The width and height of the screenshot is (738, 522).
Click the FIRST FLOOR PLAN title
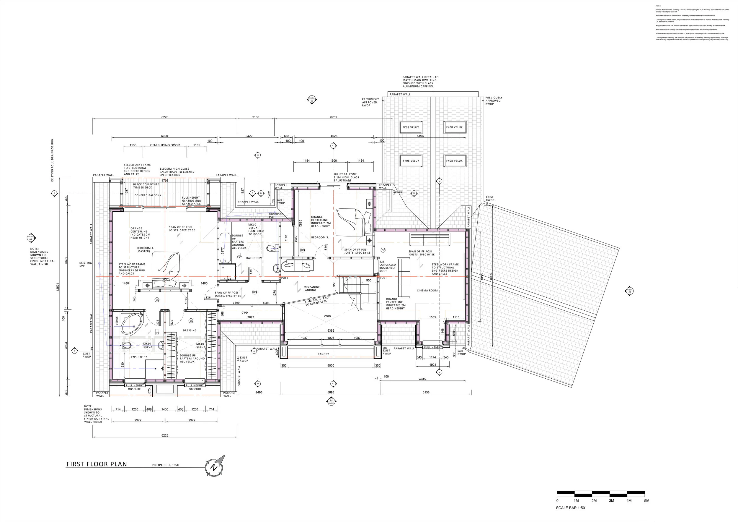tap(97, 464)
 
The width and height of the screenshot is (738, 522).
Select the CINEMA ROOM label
tap(427, 291)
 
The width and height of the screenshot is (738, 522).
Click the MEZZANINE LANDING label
tap(311, 289)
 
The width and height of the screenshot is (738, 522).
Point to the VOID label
tap(327, 316)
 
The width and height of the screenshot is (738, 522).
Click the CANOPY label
tap(323, 354)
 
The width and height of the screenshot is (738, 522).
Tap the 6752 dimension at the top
tap(334, 117)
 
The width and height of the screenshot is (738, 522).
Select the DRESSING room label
tap(189, 330)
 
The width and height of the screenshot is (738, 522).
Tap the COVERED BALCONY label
tap(148, 195)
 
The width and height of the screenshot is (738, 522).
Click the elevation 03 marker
tap(311, 100)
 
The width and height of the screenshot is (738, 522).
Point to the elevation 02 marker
tap(629, 291)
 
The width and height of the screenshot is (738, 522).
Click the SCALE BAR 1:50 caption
tap(570, 508)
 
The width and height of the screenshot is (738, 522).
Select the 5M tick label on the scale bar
tap(646, 501)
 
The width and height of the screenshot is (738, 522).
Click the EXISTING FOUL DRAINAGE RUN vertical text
tap(52, 160)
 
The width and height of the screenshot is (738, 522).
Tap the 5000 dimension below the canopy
tap(331, 366)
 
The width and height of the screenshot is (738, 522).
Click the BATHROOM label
tap(254, 258)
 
